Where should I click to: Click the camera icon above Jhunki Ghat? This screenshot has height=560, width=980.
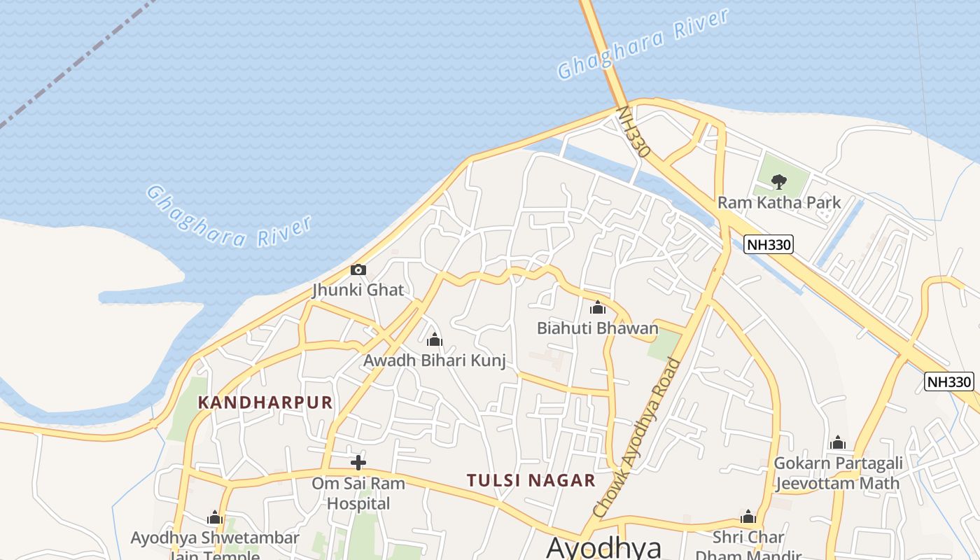(x=358, y=269)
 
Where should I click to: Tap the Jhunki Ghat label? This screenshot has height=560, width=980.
(x=358, y=289)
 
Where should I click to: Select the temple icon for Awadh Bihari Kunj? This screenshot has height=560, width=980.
(x=434, y=340)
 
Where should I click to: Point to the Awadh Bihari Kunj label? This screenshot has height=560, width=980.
(x=434, y=360)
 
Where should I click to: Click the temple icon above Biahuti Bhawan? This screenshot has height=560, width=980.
(x=597, y=307)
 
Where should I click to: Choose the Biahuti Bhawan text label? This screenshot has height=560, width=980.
(x=597, y=328)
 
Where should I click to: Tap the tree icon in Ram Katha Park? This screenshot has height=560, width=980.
(x=778, y=183)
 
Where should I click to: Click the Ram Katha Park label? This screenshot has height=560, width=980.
(x=778, y=203)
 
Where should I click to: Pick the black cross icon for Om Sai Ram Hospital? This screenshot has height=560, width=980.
(x=358, y=462)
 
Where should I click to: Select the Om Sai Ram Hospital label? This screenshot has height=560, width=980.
(x=358, y=493)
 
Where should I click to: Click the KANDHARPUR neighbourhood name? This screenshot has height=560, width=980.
(x=265, y=402)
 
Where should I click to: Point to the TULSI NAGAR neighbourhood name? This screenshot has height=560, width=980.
(x=531, y=480)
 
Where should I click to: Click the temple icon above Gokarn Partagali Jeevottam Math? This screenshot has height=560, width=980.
(x=837, y=442)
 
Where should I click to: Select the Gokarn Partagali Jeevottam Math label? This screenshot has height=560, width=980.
(x=837, y=473)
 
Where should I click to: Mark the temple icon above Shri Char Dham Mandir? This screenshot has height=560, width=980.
(x=748, y=517)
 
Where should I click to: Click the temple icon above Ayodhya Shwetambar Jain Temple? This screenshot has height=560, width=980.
(x=215, y=518)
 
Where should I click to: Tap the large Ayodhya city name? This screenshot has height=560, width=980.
(x=603, y=547)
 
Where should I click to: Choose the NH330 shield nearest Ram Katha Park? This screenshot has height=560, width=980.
(x=768, y=244)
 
